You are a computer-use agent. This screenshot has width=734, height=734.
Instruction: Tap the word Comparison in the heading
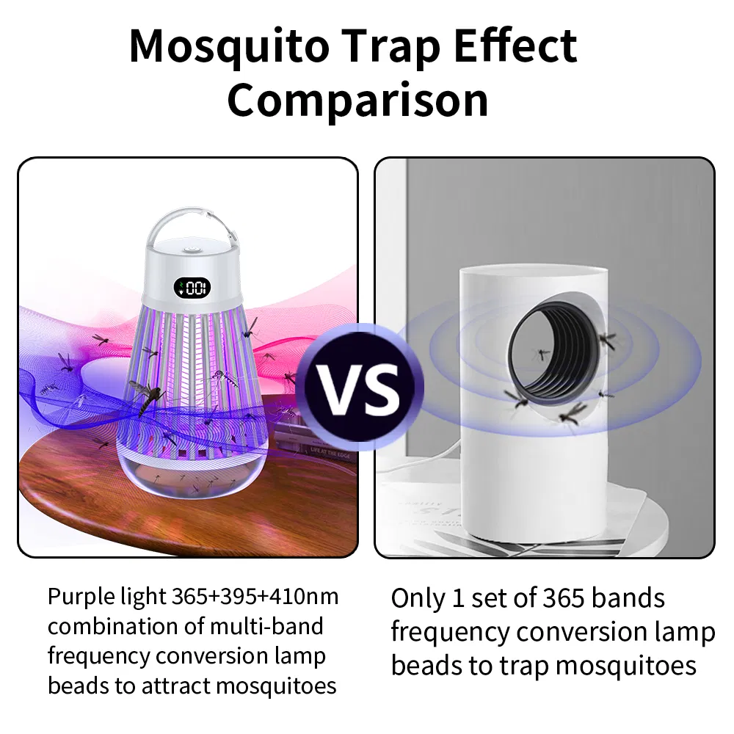click(x=357, y=101)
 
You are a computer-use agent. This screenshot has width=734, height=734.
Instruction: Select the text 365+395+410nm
click(x=255, y=596)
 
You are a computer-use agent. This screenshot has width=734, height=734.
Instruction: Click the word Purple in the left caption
click(x=76, y=596)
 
